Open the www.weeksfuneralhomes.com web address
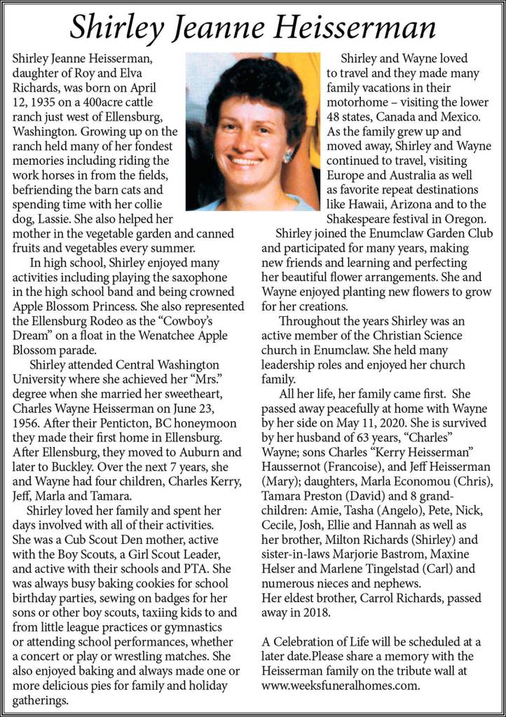(x=341, y=686)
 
